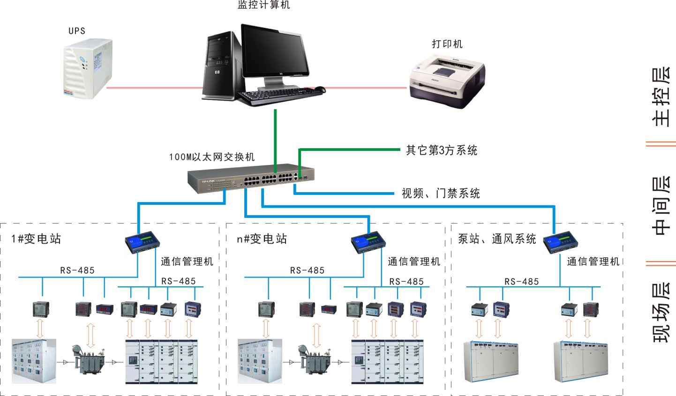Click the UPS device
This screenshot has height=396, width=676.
point(88,68)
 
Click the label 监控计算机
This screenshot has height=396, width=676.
point(264,5)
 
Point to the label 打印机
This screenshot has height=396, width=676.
point(447,44)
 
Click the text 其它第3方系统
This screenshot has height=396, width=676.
point(442,150)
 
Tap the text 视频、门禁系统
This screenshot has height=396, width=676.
point(441,193)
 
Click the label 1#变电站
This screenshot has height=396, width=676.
point(37,239)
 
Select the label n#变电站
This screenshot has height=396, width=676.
point(262,239)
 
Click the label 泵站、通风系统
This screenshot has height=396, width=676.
point(497,239)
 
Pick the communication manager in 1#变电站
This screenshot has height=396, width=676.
point(143,242)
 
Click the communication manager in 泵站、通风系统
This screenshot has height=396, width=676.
point(561,242)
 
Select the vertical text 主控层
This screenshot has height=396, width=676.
point(661,97)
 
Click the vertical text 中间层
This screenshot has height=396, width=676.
point(661,205)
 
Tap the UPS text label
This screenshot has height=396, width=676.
point(77,31)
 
